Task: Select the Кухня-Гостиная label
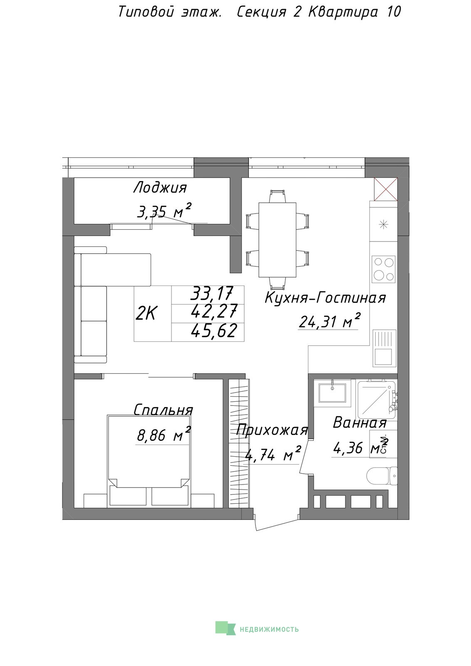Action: point(325,298)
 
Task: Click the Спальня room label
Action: point(163,410)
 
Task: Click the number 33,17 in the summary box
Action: point(212,293)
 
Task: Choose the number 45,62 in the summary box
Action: point(214,331)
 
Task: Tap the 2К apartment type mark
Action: point(145,314)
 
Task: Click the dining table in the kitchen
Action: point(277,240)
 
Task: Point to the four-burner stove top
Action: point(384,269)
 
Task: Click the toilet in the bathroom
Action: point(382,476)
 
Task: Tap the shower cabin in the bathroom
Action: point(376,399)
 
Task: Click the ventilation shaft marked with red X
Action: point(386,189)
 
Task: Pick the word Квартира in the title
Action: point(343,12)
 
